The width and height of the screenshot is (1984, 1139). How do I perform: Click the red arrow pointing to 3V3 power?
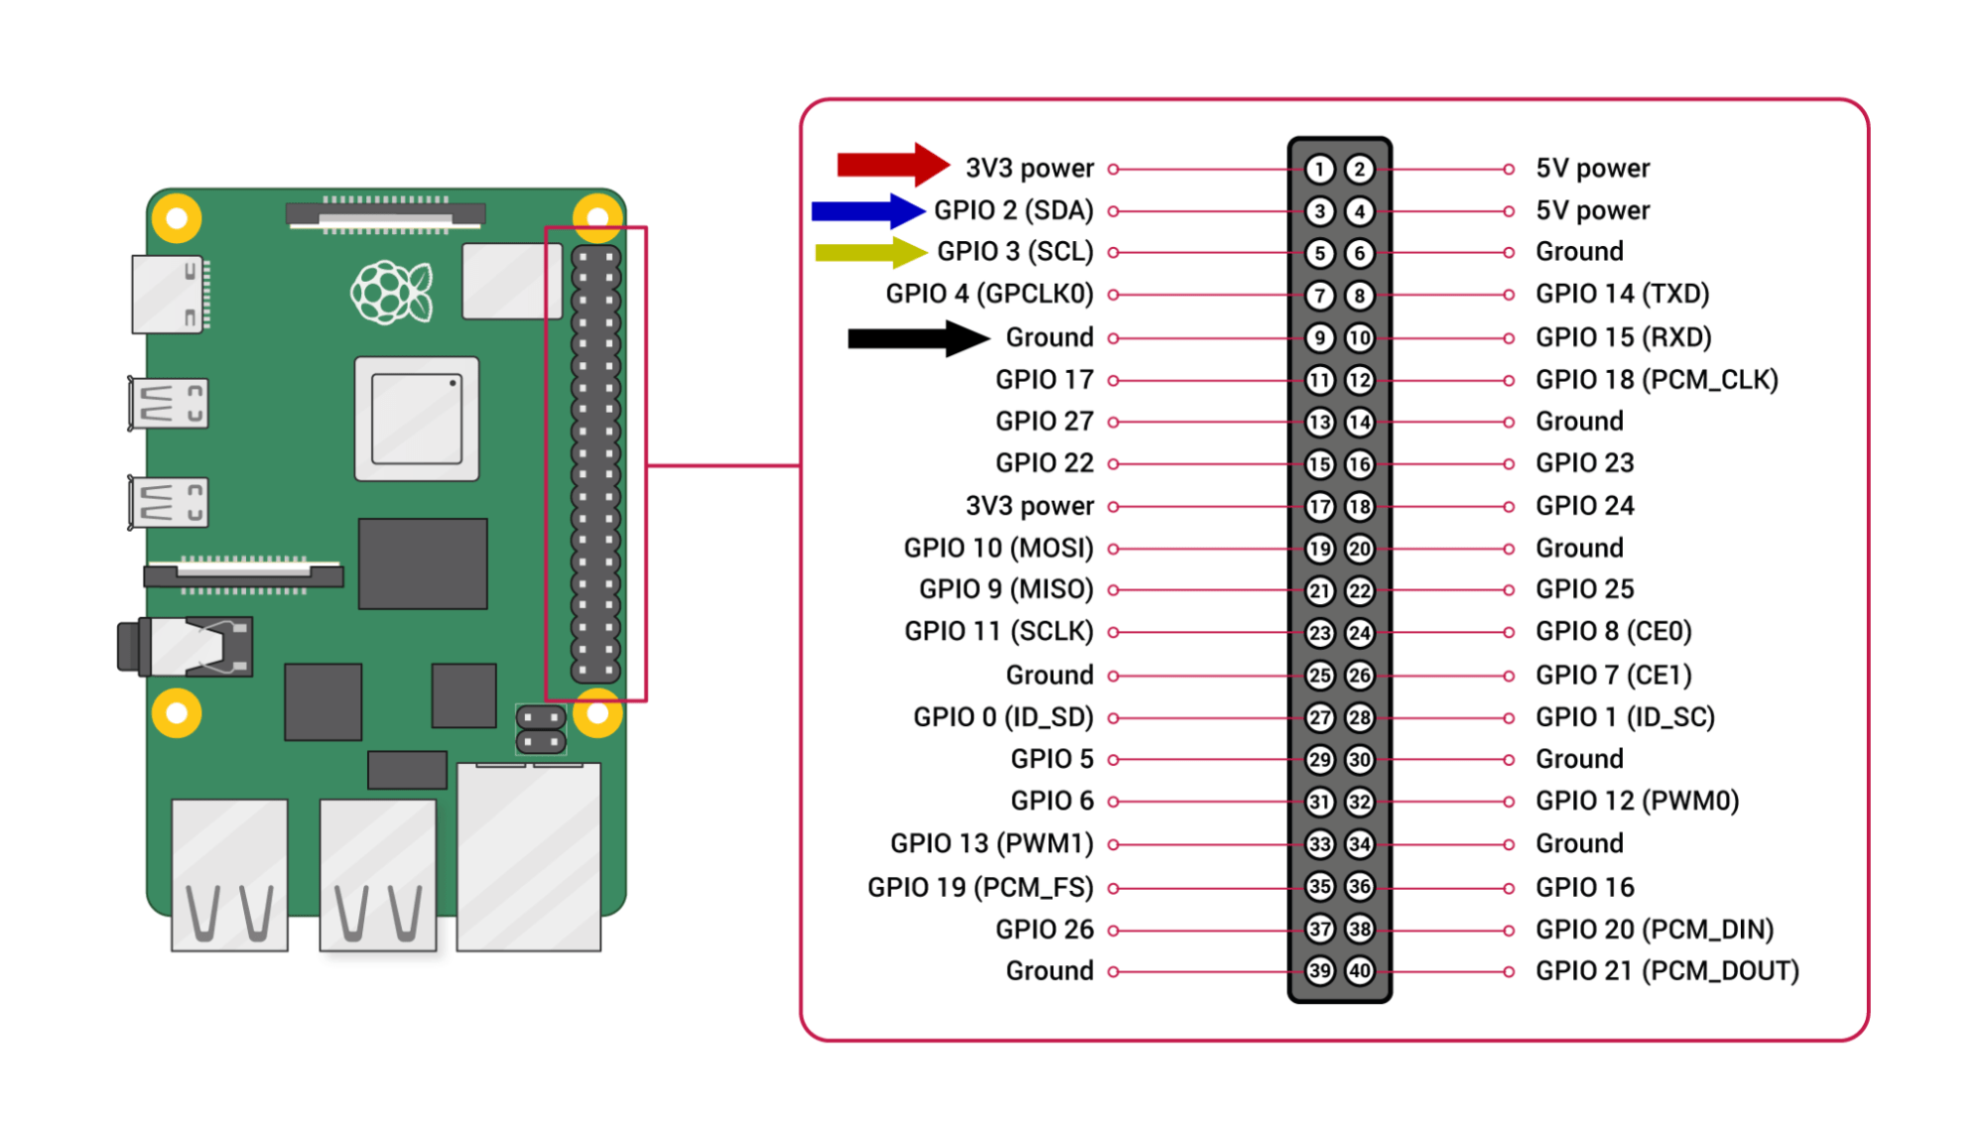tap(891, 165)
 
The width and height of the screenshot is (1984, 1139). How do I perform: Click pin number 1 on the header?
tap(1319, 170)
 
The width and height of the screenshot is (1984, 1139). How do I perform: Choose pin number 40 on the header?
tap(1360, 970)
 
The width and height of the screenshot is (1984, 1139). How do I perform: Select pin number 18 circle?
tap(1360, 507)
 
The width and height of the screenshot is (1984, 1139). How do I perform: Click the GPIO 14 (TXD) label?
tap(1622, 294)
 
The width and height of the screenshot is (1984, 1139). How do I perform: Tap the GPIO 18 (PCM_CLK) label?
tap(1655, 380)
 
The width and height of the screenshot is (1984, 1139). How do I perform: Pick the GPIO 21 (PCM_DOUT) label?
tap(1666, 970)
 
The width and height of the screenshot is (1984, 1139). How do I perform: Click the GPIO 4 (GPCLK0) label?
tap(990, 294)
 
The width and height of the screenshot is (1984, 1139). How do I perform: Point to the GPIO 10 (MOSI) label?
tap(997, 549)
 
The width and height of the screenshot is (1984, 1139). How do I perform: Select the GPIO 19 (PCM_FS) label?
tap(980, 887)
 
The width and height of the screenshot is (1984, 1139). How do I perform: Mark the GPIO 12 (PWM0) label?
tap(1637, 801)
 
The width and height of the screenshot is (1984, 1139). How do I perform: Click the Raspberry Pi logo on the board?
tap(392, 292)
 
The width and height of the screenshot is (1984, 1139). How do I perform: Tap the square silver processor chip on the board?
tap(417, 419)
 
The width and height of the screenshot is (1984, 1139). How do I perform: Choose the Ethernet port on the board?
tap(528, 856)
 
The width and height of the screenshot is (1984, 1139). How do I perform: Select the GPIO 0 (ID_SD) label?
tap(1002, 717)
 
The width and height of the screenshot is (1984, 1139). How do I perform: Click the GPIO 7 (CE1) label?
tap(1613, 676)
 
